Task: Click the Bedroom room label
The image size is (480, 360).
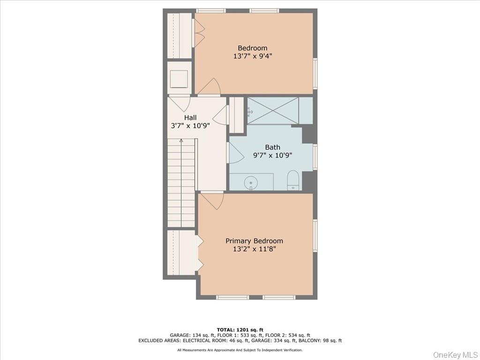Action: coord(252,48)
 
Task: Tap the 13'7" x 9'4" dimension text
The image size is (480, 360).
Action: coord(252,56)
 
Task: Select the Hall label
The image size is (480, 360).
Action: coord(190,118)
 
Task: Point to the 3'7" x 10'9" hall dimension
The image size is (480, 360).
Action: coord(190,126)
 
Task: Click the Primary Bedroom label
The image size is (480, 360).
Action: coord(254,241)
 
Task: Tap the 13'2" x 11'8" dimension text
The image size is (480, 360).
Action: coord(254,249)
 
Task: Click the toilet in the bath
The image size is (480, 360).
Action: coord(293,180)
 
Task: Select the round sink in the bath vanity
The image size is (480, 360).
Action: coord(251,181)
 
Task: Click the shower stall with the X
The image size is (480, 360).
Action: coord(273,111)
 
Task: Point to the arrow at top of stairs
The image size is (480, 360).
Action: coord(181,140)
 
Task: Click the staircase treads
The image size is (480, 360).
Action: coord(181,178)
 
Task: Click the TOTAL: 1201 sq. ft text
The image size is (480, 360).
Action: coord(240,330)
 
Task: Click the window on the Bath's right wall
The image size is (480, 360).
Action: coord(315,157)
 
